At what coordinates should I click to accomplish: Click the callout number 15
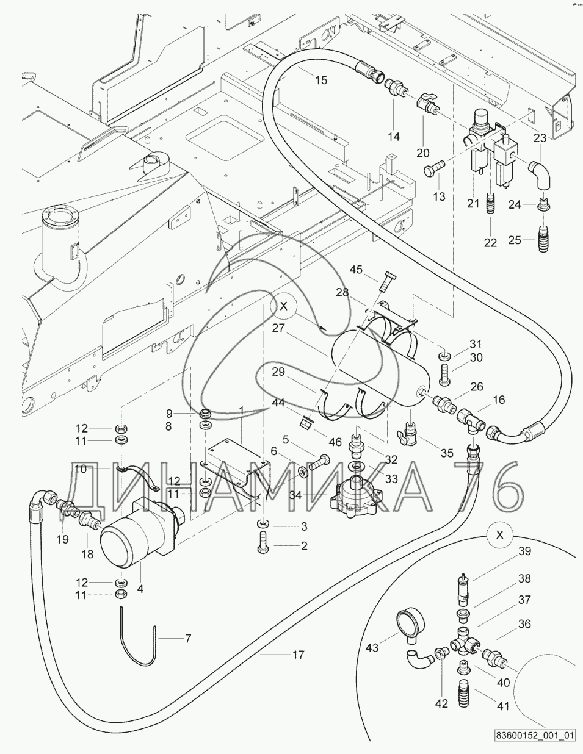tap(320, 80)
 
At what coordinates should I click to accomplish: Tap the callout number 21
tap(474, 203)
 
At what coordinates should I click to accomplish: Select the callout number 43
tap(372, 647)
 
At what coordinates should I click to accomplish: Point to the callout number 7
tap(187, 639)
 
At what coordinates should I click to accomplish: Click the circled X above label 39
tap(500, 535)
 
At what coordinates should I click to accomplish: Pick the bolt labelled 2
tap(263, 541)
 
